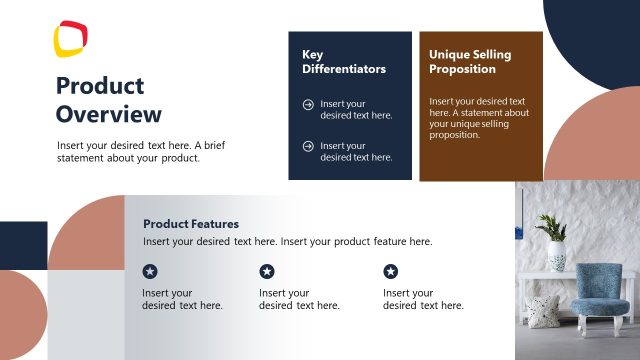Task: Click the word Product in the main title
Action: tap(100, 86)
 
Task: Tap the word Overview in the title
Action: tap(108, 113)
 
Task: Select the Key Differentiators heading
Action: tap(344, 62)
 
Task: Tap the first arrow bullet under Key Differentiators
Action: tap(308, 104)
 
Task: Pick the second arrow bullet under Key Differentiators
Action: tap(308, 146)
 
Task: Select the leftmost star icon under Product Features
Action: tap(150, 271)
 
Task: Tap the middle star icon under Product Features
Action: tap(267, 271)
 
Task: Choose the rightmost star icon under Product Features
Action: tap(391, 271)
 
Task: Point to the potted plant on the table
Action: tap(553, 238)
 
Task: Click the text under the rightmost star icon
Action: tap(423, 299)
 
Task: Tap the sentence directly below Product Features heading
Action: tap(287, 242)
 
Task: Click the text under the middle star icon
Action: tap(299, 299)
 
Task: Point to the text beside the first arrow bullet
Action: tap(356, 109)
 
